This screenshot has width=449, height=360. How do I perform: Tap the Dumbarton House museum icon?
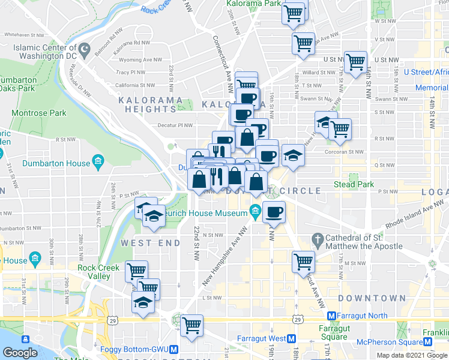pos(99,162)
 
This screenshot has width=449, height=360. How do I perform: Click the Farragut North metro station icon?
pos(330,316)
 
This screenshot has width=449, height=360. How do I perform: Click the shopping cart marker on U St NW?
pos(355,62)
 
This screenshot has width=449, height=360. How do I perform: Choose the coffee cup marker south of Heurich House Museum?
pos(274,211)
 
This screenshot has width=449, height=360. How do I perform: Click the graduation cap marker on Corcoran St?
pos(292,156)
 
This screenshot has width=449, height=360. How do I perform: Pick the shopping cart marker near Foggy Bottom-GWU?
pos(191,326)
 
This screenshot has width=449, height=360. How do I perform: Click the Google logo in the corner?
pos(20,353)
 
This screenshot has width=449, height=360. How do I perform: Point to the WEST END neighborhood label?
pos(151,243)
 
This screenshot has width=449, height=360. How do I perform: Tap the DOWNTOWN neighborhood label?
pos(372,298)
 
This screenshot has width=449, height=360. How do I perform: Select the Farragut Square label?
pos(333,332)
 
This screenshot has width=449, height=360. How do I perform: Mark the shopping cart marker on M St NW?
pos(303,262)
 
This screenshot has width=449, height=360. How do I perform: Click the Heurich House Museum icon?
pos(255,210)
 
